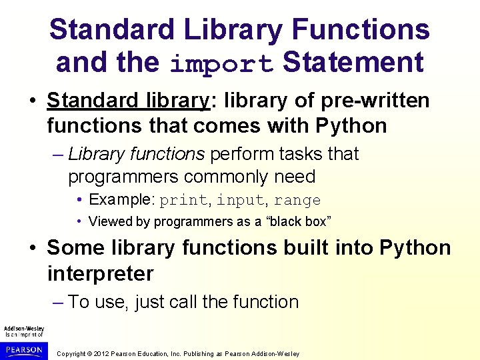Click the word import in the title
221,64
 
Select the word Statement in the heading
353,63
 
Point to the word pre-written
377,101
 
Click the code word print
183,200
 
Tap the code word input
240,200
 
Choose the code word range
297,200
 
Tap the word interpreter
100,273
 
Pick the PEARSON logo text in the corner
23,348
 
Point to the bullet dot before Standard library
33,101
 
